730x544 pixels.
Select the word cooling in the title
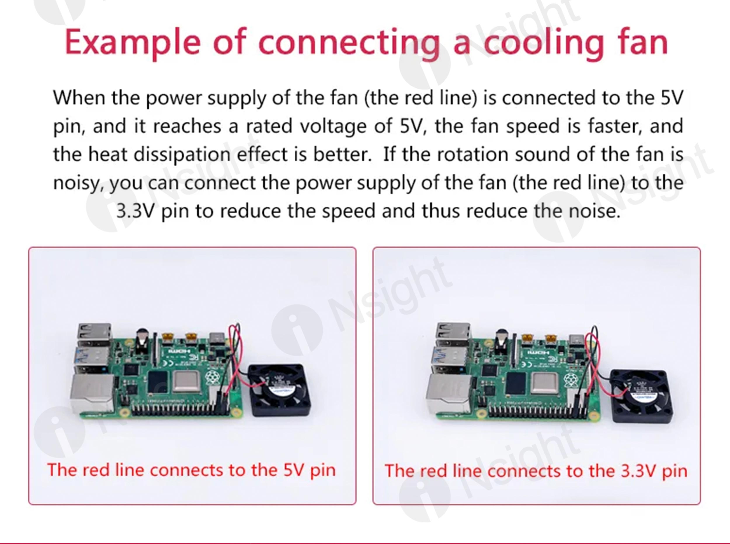(x=543, y=43)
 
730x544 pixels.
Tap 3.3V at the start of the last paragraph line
(x=135, y=211)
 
